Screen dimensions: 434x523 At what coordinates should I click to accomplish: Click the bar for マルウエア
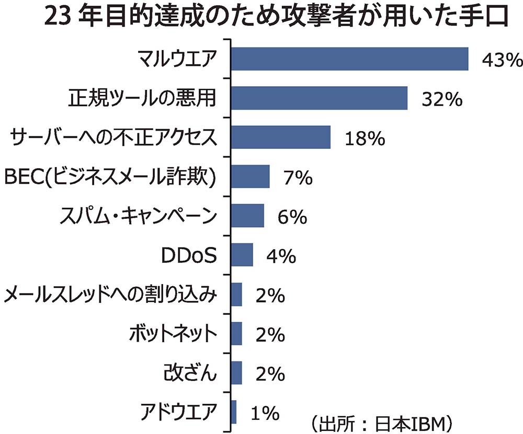coord(349,58)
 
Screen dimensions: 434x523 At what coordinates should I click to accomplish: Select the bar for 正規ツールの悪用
coord(319,98)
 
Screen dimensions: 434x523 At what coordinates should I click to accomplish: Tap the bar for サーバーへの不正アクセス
coord(281,137)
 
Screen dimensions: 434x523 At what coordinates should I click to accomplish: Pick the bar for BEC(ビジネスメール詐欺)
coord(251,177)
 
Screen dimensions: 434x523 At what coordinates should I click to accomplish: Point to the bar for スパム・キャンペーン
coord(247,216)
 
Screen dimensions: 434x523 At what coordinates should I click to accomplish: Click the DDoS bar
coord(242,255)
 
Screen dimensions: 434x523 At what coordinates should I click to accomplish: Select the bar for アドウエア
coord(234,412)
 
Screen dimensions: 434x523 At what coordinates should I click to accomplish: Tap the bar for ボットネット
coord(236,334)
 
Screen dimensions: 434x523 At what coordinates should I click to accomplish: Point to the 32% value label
coord(442,99)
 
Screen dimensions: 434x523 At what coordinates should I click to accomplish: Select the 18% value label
coord(365,139)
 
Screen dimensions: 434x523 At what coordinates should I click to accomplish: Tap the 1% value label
coord(264,414)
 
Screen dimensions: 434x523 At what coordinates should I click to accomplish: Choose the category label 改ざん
coord(189,373)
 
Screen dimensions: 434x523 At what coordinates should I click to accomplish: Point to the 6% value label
coord(292,217)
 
